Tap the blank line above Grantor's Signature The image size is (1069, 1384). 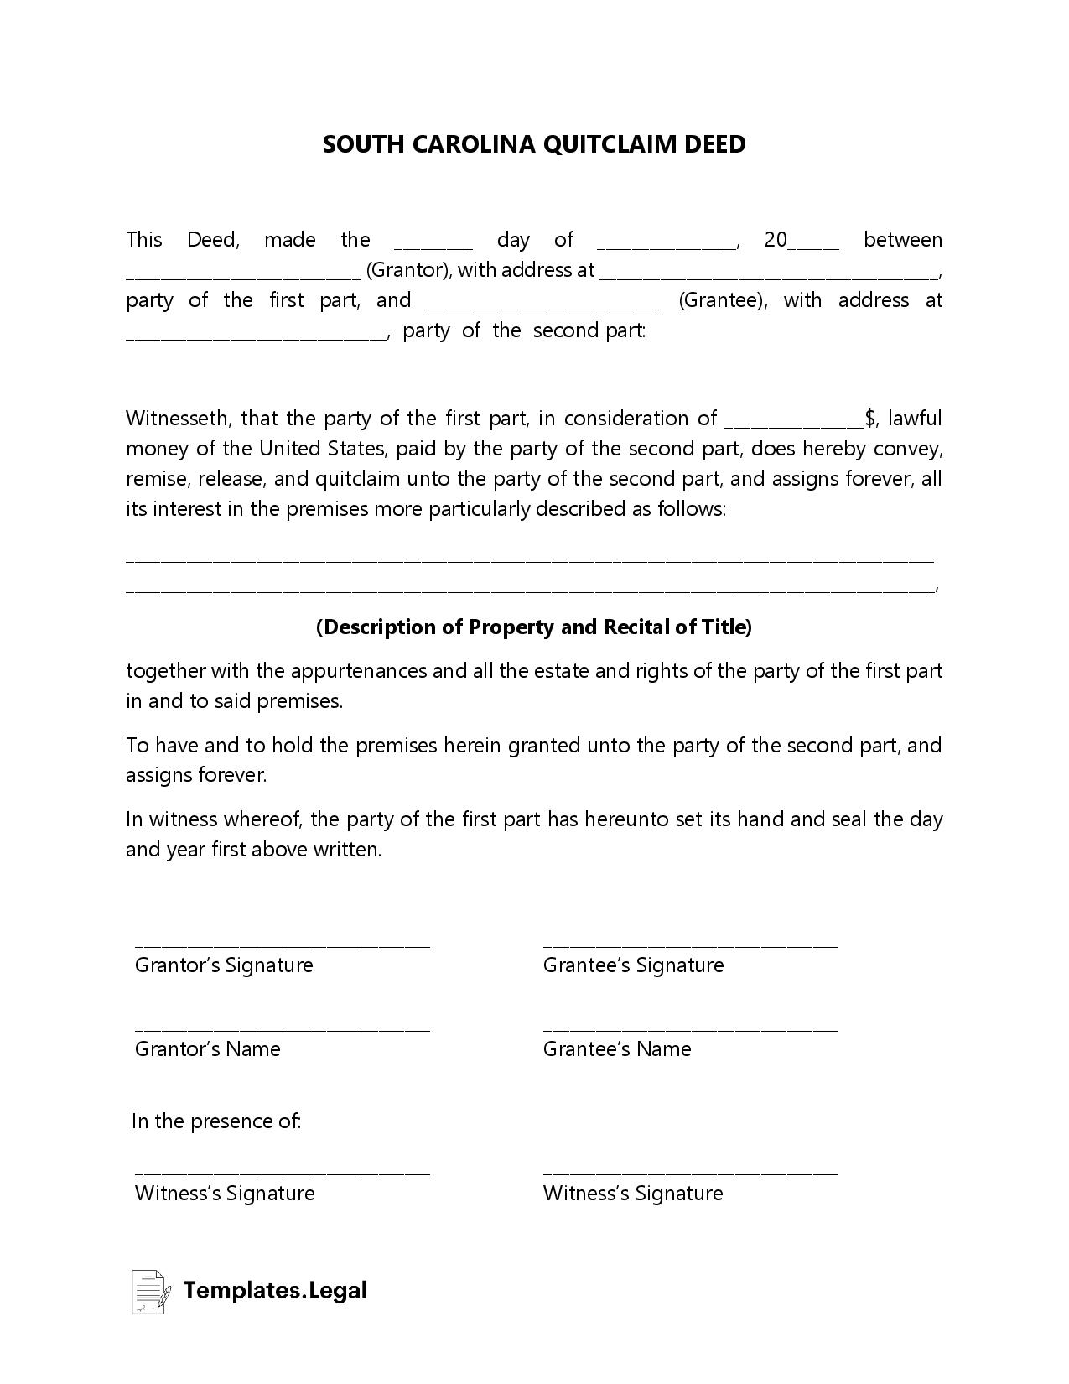(282, 945)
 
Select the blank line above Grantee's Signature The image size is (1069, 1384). (690, 945)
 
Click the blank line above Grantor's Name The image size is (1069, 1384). (282, 1029)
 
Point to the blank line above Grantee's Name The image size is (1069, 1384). (690, 1029)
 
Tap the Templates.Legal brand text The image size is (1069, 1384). (275, 1290)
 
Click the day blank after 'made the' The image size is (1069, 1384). (433, 247)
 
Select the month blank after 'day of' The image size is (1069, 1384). (667, 247)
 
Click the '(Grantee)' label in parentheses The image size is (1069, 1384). (722, 300)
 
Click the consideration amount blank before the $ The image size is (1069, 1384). (794, 424)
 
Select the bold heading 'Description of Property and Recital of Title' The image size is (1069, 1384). (534, 627)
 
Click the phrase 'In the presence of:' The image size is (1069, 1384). (216, 1121)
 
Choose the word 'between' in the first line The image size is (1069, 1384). (902, 240)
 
